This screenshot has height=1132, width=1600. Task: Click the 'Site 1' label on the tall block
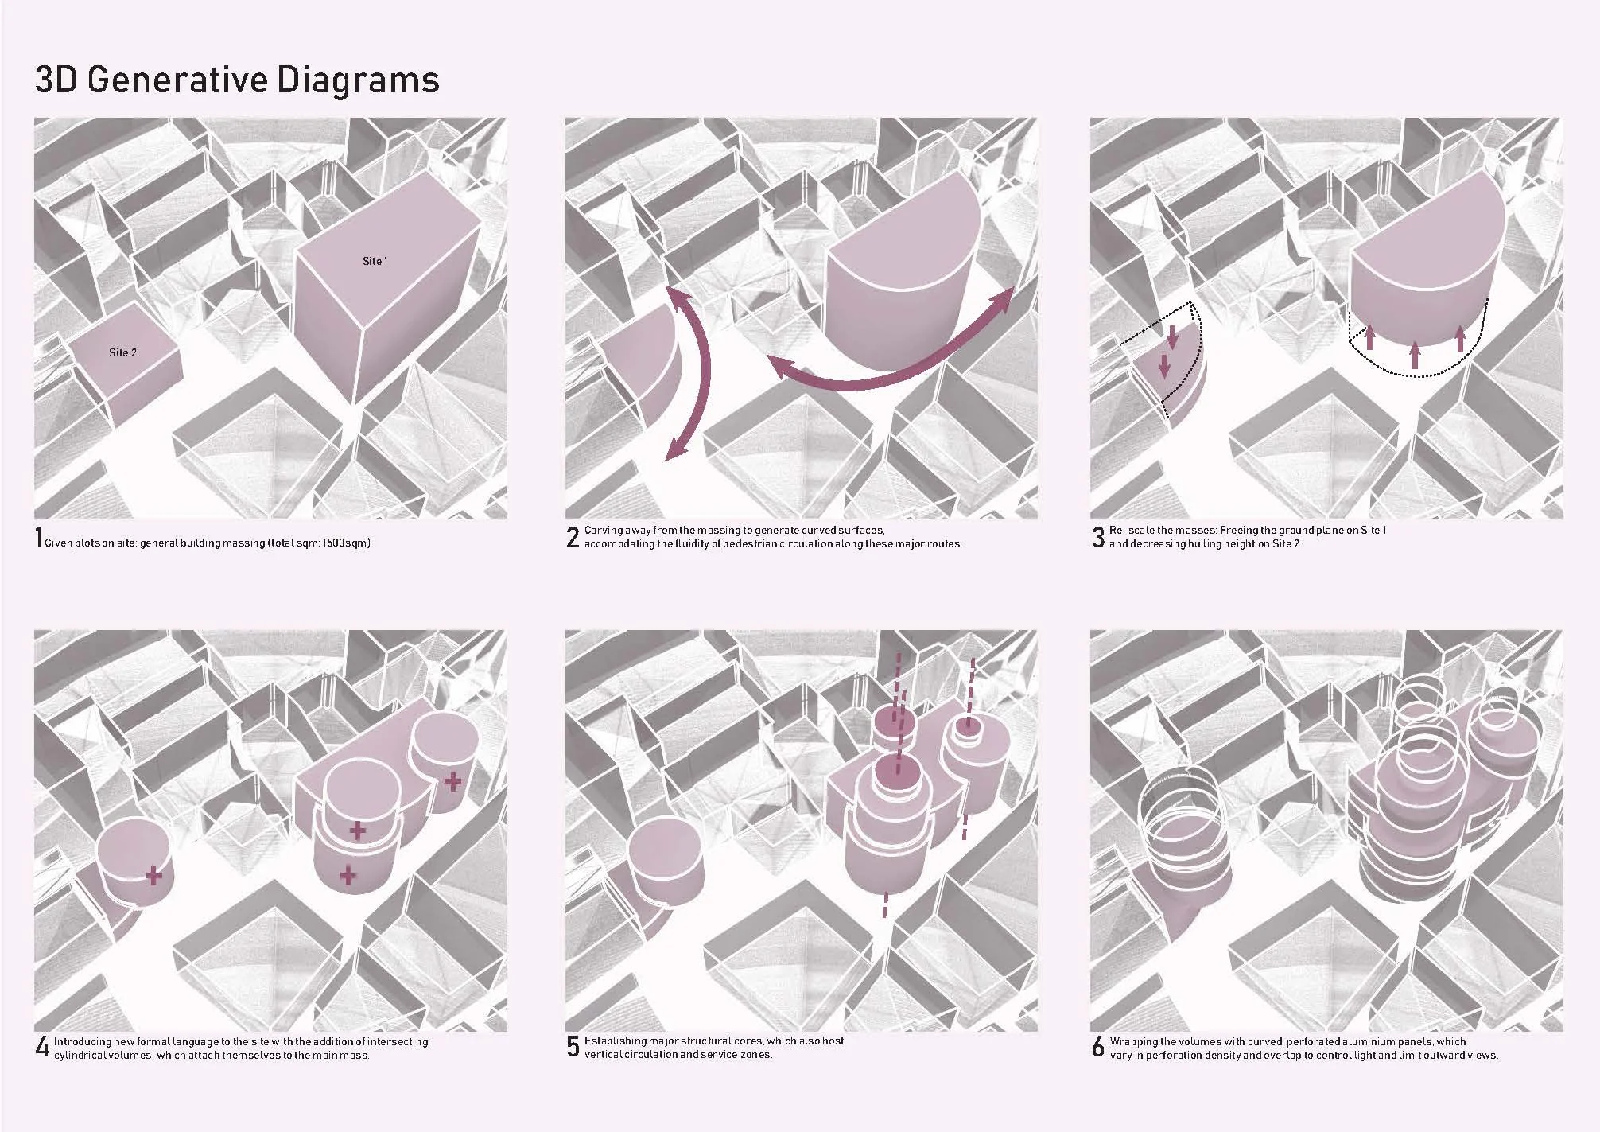pos(375,261)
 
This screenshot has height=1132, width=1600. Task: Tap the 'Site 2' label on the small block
pos(122,352)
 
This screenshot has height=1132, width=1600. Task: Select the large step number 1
pos(39,537)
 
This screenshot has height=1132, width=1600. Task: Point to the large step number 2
pos(573,538)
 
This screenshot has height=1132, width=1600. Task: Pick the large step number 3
pos(1098,538)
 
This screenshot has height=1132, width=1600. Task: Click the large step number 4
pos(42,1047)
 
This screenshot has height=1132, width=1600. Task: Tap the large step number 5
pos(573,1047)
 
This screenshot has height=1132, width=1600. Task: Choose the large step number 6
pos(1098,1047)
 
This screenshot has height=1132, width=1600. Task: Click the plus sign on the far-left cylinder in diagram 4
pos(153,877)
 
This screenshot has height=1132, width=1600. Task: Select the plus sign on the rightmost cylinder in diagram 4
pos(452,782)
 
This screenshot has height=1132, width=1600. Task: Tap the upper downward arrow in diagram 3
pos(1171,336)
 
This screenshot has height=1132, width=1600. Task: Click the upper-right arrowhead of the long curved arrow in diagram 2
pos(1004,298)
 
